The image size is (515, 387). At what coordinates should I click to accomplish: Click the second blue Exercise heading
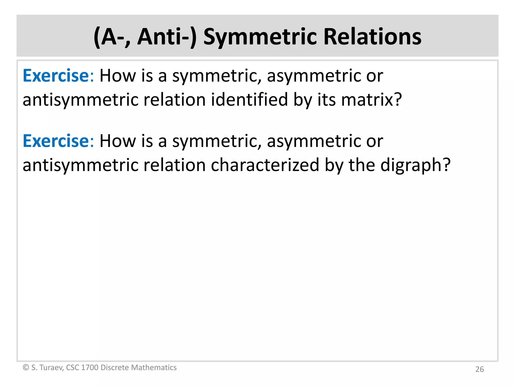[x=56, y=141]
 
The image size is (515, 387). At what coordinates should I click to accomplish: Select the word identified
[x=249, y=100]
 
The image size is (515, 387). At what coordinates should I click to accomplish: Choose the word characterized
[x=265, y=165]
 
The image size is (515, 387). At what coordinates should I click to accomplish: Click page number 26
[x=480, y=369]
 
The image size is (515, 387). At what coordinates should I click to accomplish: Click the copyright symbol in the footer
[x=26, y=367]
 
